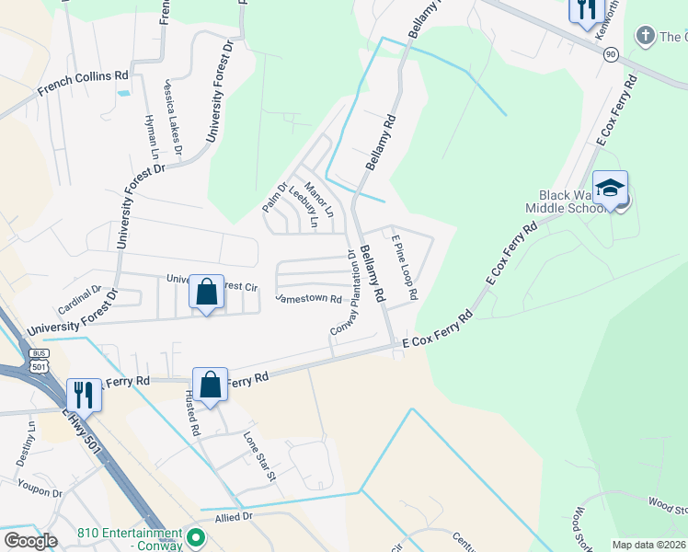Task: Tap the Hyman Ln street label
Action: pos(149,139)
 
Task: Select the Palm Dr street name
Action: pos(274,195)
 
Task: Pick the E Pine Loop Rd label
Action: pos(405,268)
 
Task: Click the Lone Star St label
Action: pos(259,456)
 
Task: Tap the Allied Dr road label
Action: pos(234,517)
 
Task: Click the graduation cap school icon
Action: pos(610,189)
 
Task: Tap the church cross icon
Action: pos(645,36)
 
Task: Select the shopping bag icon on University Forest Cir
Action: pos(207,293)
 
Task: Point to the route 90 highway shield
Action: pos(611,55)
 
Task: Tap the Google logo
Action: pos(29,541)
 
